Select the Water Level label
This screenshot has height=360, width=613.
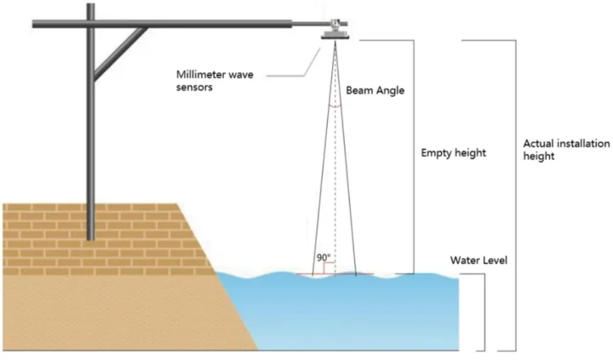coord(483,260)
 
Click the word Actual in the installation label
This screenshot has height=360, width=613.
coord(537,145)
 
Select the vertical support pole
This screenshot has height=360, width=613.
coord(89,128)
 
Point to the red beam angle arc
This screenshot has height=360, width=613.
coord(335,107)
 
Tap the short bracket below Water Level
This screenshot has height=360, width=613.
coord(484,311)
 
